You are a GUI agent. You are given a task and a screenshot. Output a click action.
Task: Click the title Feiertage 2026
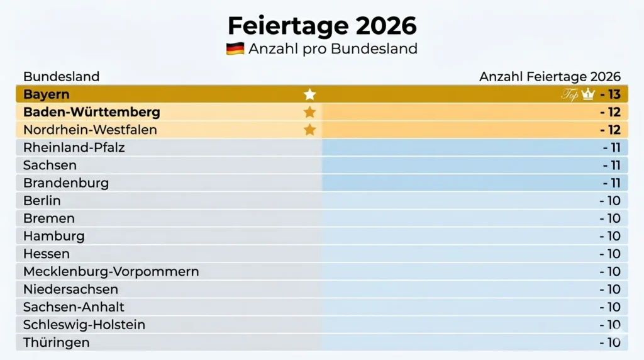(321, 26)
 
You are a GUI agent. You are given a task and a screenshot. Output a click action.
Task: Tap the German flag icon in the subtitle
(235, 48)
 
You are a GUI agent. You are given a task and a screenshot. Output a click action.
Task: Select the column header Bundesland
(61, 77)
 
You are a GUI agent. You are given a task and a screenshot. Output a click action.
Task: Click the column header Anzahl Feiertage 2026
(550, 77)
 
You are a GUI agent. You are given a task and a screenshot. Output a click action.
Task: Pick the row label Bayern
(47, 94)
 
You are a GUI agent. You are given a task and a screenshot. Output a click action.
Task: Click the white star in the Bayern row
(309, 94)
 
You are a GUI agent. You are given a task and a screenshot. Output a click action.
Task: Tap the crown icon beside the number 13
(588, 94)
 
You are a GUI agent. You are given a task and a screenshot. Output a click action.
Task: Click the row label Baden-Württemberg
(92, 113)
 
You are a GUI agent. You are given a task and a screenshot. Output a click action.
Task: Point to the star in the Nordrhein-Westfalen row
(309, 130)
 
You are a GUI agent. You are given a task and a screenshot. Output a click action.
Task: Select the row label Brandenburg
(66, 183)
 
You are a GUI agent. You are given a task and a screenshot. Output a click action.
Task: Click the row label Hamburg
(53, 237)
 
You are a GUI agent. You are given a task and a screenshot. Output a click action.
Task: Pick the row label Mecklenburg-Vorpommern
(111, 272)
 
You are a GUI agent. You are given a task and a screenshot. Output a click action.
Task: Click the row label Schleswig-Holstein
(84, 325)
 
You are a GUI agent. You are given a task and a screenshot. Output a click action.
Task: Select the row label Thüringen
(57, 343)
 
